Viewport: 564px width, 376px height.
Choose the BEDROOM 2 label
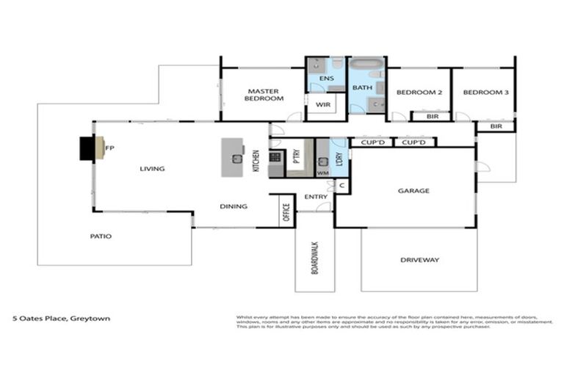click(x=419, y=93)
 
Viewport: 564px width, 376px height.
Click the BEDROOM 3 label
click(x=485, y=93)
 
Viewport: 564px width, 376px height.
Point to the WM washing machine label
click(x=322, y=173)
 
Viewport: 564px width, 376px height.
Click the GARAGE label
click(x=413, y=190)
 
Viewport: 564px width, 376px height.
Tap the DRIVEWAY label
click(x=419, y=259)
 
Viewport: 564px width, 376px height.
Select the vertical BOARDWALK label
click(x=314, y=259)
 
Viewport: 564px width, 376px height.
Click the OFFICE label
click(x=286, y=212)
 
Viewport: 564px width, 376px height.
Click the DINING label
click(x=234, y=206)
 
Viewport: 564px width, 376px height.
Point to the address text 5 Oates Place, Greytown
click(x=51, y=319)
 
